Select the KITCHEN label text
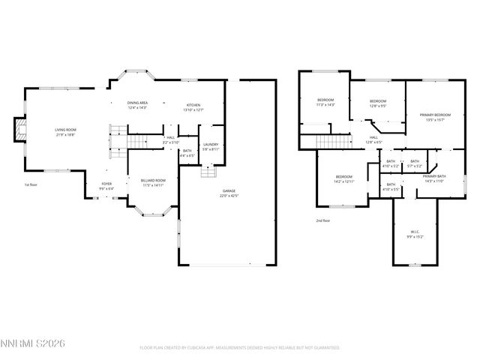(x=193, y=107)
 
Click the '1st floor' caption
(x=31, y=184)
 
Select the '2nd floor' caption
(x=323, y=220)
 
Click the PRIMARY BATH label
(x=434, y=178)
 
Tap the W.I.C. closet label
(x=415, y=233)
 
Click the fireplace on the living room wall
(x=20, y=129)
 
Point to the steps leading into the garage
(x=208, y=173)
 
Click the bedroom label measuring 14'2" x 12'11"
(x=343, y=179)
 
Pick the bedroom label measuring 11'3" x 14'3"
(x=325, y=102)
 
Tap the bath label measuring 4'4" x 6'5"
(x=187, y=153)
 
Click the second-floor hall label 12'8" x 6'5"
(x=373, y=139)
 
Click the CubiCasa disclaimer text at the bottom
(x=240, y=348)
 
